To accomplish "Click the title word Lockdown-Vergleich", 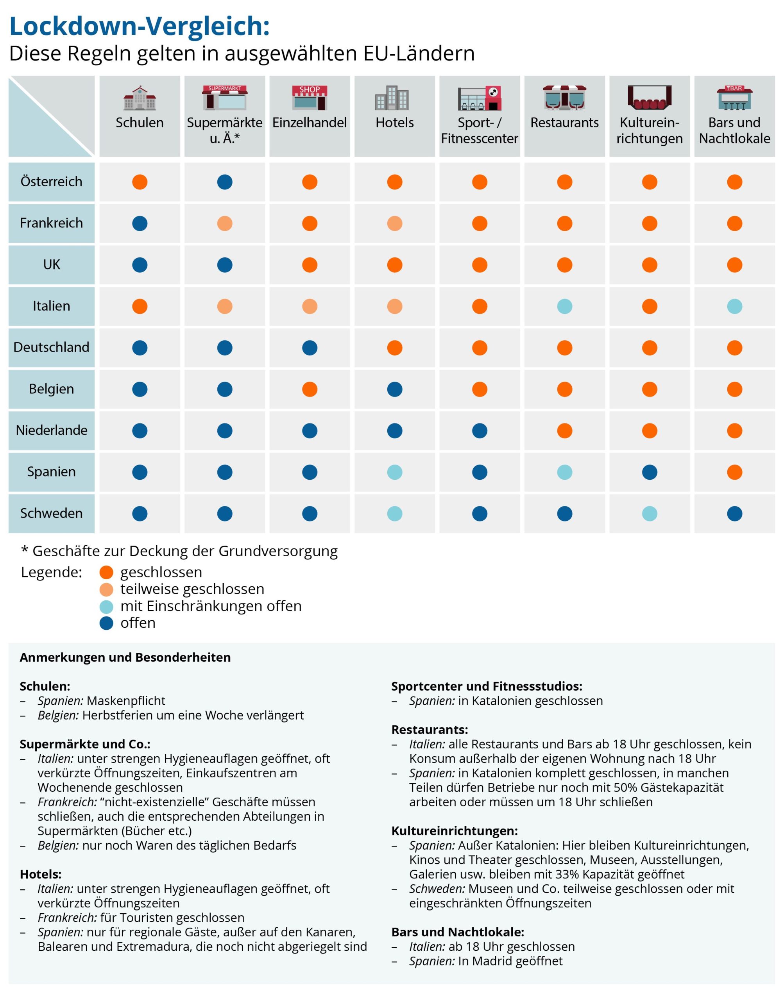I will click(x=139, y=26).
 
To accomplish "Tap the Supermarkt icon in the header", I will click(x=224, y=97).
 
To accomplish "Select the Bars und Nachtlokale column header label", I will click(x=734, y=130).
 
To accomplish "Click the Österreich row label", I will click(x=52, y=182).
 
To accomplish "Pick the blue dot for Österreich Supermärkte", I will click(x=224, y=182).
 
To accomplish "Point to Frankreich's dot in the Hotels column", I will click(x=394, y=223).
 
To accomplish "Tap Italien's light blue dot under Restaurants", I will click(x=565, y=306).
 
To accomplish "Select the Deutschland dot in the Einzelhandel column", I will click(x=310, y=348).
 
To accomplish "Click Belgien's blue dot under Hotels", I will click(x=394, y=389).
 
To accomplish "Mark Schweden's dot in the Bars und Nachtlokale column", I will click(x=734, y=514).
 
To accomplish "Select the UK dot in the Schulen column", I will click(x=140, y=265).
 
